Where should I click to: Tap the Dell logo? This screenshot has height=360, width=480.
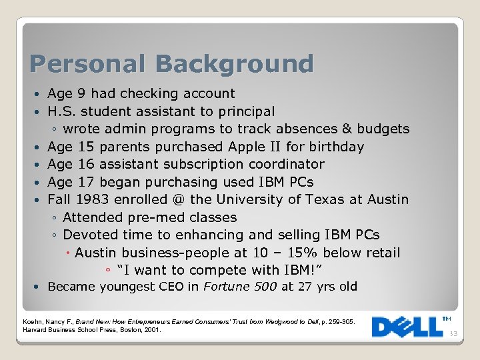407,326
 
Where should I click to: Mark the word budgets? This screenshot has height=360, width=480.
383,129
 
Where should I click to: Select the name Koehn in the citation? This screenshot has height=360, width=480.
33,322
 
